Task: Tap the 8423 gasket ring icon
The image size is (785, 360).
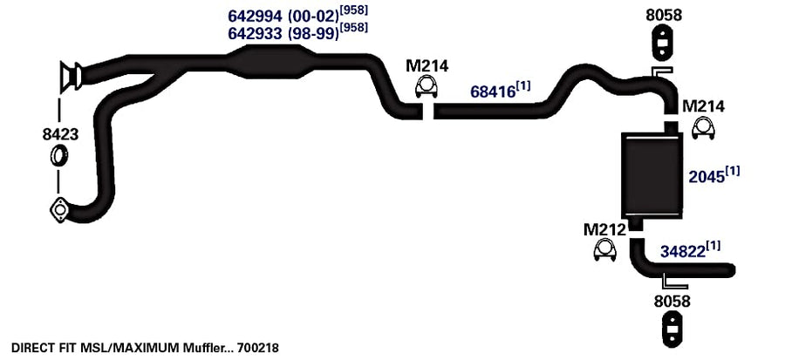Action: coord(59,155)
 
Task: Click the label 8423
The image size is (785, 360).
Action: coord(60,134)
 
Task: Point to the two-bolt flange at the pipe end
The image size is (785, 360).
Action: coord(59,210)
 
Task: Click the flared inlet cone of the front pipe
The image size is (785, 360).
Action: coord(70,77)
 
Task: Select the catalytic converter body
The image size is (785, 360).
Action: coord(271,62)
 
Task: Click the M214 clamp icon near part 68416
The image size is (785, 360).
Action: coord(427,87)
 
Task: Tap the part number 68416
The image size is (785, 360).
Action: coord(493,92)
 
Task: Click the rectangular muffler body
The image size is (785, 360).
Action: coord(652,175)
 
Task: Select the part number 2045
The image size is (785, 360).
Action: coord(706,176)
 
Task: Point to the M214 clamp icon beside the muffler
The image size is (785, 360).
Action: coord(703,129)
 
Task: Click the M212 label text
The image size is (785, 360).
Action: coord(604,230)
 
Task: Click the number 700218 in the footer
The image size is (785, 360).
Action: coord(258,347)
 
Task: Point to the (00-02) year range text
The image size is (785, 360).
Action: coord(313,17)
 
